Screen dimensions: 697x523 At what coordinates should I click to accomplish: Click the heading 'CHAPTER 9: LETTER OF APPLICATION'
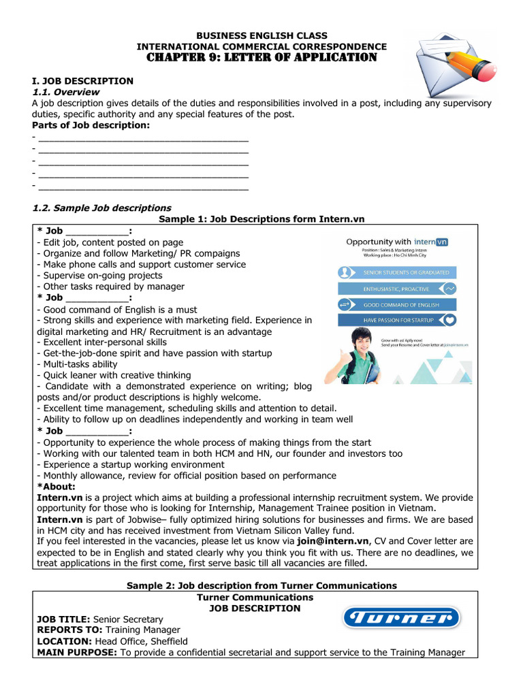tap(261, 57)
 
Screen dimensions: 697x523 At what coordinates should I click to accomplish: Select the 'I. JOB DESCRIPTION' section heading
tap(83, 81)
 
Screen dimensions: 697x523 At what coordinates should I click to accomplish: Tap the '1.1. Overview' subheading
tap(66, 92)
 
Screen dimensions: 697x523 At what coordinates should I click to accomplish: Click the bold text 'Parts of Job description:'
tap(91, 125)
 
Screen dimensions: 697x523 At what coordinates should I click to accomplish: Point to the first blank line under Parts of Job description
tap(143, 138)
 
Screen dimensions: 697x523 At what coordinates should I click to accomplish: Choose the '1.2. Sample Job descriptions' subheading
tap(102, 208)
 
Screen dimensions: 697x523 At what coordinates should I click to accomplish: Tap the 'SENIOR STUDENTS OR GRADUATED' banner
tap(398, 272)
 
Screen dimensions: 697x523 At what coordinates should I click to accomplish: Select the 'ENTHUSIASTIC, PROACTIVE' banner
tap(398, 288)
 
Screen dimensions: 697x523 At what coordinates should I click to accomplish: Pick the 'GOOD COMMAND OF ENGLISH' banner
tap(398, 304)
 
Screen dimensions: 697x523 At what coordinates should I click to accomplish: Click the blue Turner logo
tap(400, 618)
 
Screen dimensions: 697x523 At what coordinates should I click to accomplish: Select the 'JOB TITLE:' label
tap(63, 619)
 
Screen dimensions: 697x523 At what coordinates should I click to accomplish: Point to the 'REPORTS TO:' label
tap(67, 630)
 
